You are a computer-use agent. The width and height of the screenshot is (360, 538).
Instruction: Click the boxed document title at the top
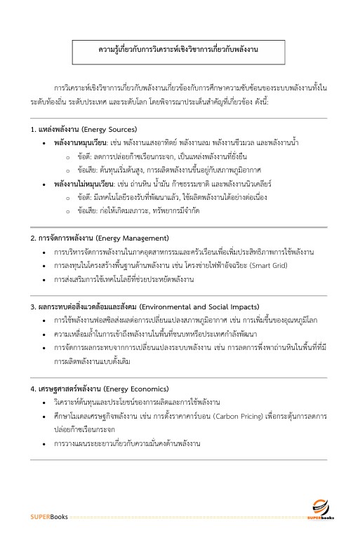point(180,51)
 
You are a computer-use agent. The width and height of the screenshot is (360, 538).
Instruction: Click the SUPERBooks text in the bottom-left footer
point(48,518)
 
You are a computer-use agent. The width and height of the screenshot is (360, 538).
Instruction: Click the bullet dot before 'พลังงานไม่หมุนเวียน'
point(45,184)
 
